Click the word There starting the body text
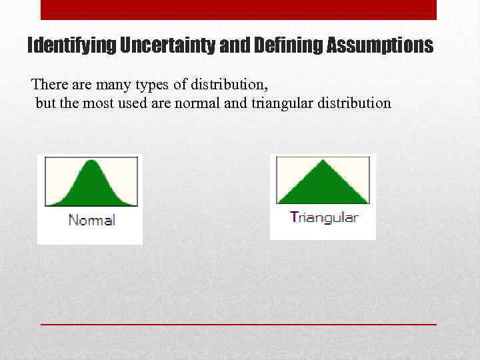[49, 85]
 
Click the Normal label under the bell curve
[91, 220]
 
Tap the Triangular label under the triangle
[324, 217]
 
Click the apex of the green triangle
[323, 161]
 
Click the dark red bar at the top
[238, 9]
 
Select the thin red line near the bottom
[238, 323]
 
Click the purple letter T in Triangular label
[293, 217]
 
